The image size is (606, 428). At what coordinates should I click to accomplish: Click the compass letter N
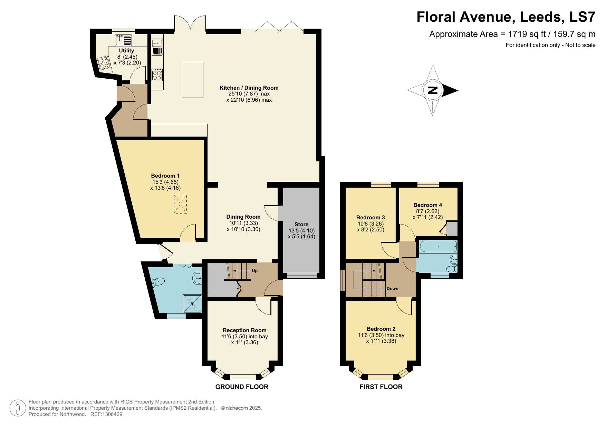(x=432, y=90)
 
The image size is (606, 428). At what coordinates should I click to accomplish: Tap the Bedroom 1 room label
(x=165, y=176)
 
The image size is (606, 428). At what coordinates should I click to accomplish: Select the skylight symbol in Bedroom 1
(x=180, y=204)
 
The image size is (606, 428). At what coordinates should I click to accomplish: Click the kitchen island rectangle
(x=192, y=80)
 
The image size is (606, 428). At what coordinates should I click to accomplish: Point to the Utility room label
(x=126, y=51)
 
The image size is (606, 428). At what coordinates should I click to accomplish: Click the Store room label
(x=301, y=225)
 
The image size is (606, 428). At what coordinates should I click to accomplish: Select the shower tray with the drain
(x=192, y=303)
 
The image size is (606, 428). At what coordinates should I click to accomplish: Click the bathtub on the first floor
(x=438, y=247)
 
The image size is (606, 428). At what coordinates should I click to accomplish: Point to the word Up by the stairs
(x=254, y=271)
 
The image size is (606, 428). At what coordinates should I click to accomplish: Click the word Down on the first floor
(x=392, y=289)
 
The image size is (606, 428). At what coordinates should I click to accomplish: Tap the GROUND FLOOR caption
(x=242, y=387)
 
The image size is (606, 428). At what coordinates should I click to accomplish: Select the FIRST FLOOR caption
(x=381, y=387)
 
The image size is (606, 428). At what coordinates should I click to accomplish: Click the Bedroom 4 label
(x=427, y=205)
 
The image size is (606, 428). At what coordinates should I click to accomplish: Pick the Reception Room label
(x=244, y=330)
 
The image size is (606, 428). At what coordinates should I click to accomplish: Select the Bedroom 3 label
(x=371, y=218)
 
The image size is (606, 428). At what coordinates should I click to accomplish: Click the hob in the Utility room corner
(x=104, y=64)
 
